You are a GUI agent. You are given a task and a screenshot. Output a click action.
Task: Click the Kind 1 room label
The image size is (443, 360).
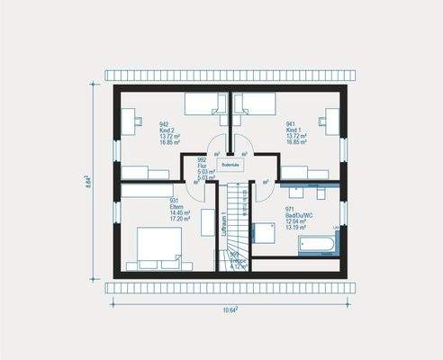point(295,132)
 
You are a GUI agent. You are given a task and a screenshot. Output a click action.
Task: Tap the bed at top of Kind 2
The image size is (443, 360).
point(205,105)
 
